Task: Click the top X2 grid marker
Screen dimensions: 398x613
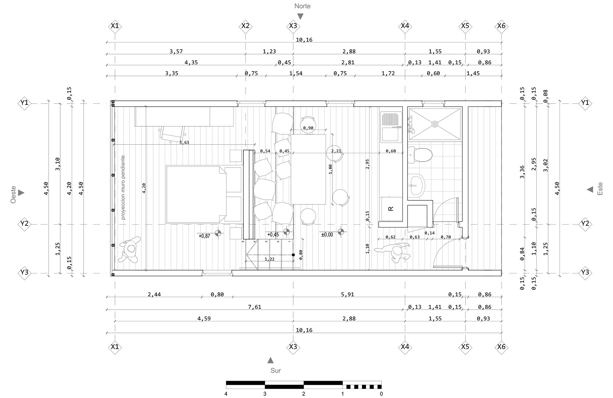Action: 245,26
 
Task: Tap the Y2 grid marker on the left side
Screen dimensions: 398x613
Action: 24,224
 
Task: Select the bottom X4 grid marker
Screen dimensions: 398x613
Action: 405,347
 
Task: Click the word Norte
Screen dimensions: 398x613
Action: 302,6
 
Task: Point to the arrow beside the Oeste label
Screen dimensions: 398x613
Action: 21,193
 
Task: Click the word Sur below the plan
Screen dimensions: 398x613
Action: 275,370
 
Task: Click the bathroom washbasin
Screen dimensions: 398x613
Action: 417,186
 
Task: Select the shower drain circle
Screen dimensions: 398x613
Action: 435,124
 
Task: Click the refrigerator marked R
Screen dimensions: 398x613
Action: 391,209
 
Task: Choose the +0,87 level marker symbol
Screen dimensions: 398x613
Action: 218,233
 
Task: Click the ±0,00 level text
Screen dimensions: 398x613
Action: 327,235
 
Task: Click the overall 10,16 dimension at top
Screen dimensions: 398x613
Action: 304,40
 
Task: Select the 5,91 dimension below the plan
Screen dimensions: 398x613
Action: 348,294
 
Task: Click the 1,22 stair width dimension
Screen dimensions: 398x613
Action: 269,259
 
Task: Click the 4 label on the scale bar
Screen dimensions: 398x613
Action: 226,394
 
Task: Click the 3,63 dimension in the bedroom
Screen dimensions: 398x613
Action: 184,142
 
